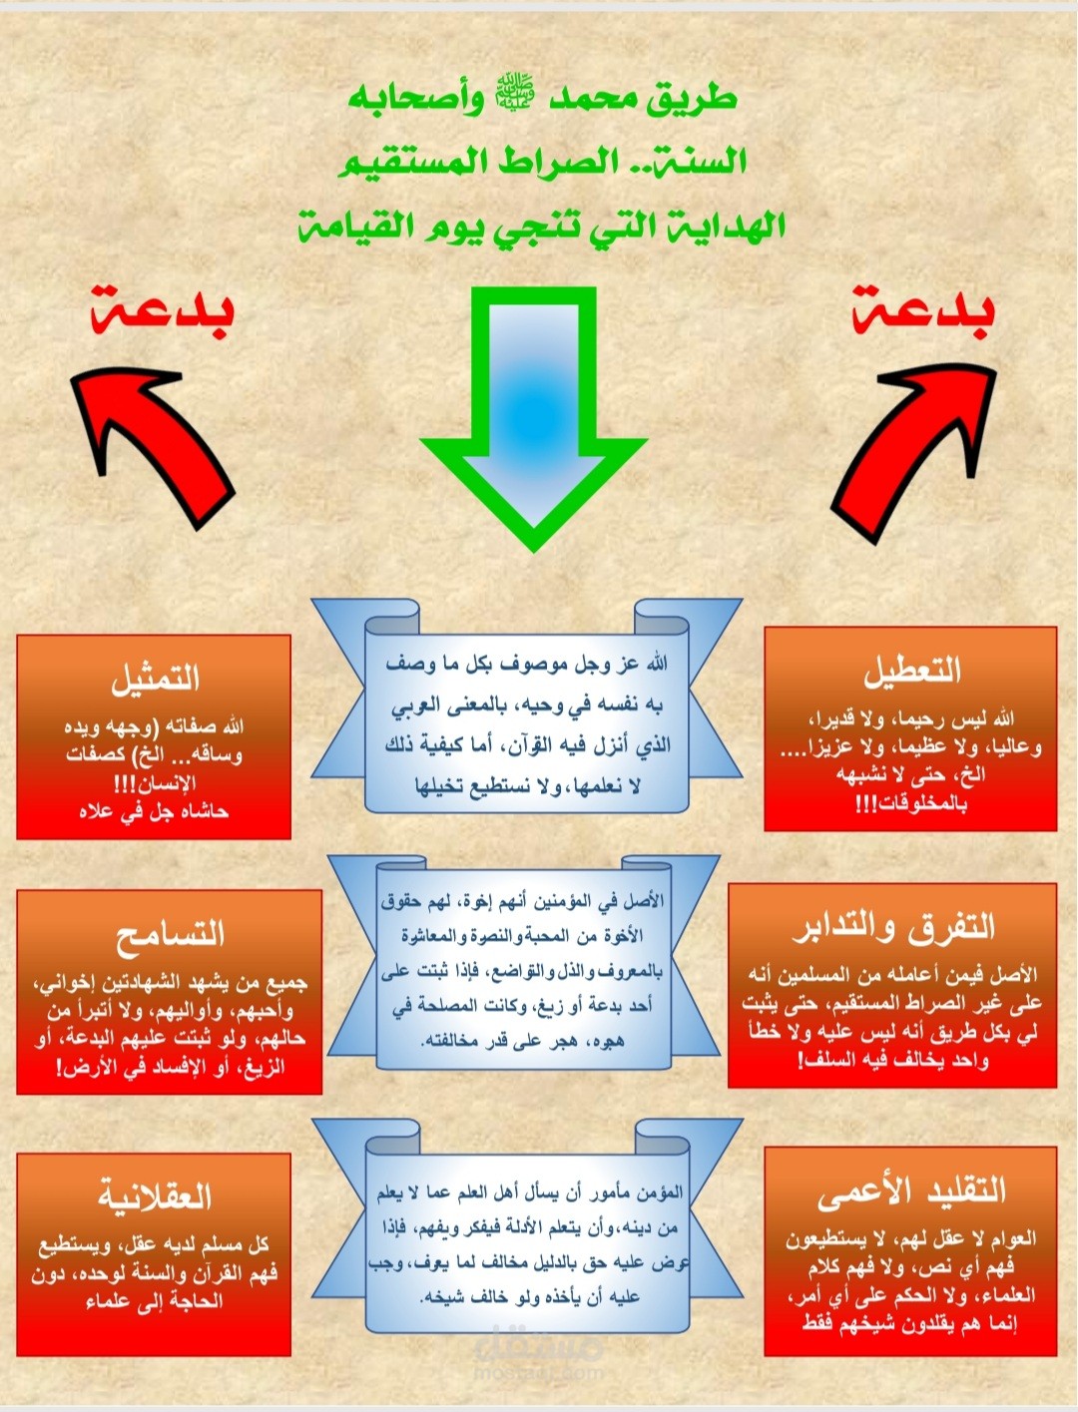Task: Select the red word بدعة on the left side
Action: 162,311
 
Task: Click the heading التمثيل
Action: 156,680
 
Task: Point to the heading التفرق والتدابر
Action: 893,928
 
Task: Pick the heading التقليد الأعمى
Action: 911,1192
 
